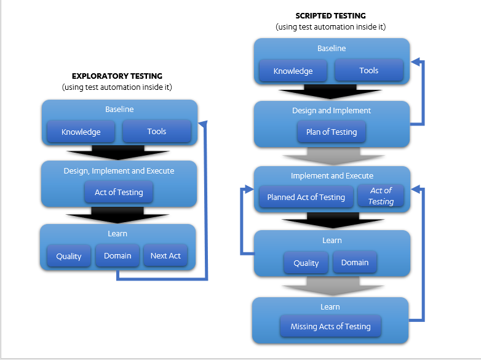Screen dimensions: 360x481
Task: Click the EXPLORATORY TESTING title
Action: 117,76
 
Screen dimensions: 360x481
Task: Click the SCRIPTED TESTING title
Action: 331,15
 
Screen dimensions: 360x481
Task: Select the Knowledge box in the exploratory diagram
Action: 81,132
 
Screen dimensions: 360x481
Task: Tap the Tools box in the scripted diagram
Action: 368,71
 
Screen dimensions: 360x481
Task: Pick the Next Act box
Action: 165,256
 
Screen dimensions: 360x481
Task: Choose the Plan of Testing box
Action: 331,132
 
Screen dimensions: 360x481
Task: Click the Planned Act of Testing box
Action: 306,198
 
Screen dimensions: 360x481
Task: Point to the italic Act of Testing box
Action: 381,196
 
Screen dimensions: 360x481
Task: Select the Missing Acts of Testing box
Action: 330,327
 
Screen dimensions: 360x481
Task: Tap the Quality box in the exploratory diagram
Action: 69,257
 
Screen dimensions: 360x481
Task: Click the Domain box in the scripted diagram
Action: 355,263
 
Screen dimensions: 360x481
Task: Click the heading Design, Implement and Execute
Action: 119,171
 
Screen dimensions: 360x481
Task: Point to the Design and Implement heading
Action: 332,111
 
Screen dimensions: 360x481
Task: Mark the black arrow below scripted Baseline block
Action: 330,92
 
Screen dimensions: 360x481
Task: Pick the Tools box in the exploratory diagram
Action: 157,132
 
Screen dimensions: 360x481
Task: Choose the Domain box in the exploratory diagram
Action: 117,256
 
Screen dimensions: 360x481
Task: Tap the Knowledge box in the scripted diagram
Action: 293,71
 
